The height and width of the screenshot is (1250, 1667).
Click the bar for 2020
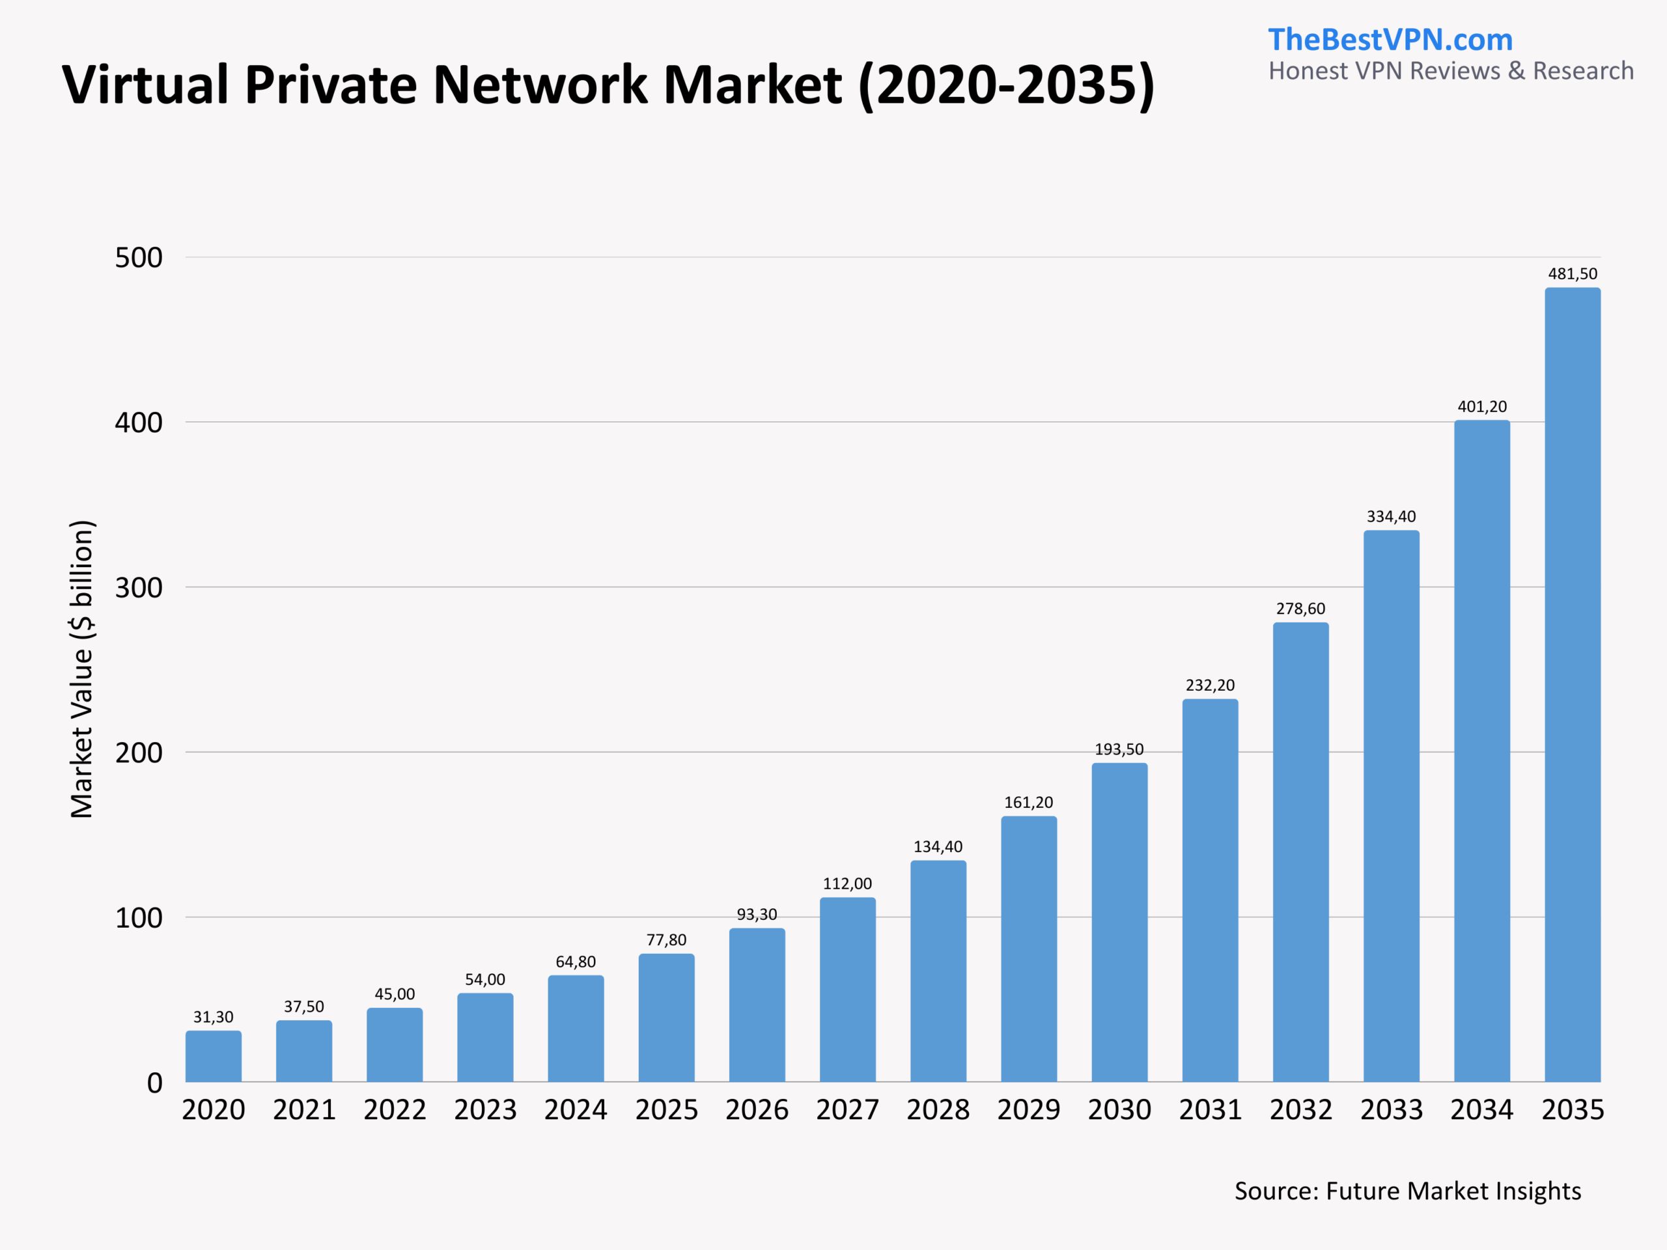[x=214, y=1057]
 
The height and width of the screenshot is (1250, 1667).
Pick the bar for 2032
[x=1301, y=852]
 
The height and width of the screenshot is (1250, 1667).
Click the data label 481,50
[x=1572, y=274]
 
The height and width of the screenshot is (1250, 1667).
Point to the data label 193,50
[x=1119, y=750]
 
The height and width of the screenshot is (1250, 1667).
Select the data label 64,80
[x=576, y=962]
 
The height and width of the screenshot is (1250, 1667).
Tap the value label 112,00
[x=847, y=884]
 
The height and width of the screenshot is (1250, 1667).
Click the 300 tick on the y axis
[x=139, y=588]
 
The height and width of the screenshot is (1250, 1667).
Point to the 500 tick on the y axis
[x=139, y=258]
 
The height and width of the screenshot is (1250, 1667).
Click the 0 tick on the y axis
[x=154, y=1083]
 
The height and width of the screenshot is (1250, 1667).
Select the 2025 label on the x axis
[x=666, y=1110]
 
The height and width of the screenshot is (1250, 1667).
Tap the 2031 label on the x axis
[x=1210, y=1110]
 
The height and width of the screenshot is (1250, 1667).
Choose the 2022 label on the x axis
[x=395, y=1110]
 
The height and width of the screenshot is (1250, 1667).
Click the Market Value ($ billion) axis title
[x=81, y=669]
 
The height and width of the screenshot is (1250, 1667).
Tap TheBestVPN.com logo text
[x=1390, y=39]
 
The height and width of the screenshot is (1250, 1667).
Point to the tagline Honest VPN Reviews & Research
[x=1451, y=71]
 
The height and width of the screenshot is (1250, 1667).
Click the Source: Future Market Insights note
[x=1408, y=1191]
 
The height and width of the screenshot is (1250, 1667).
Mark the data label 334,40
[x=1391, y=517]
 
